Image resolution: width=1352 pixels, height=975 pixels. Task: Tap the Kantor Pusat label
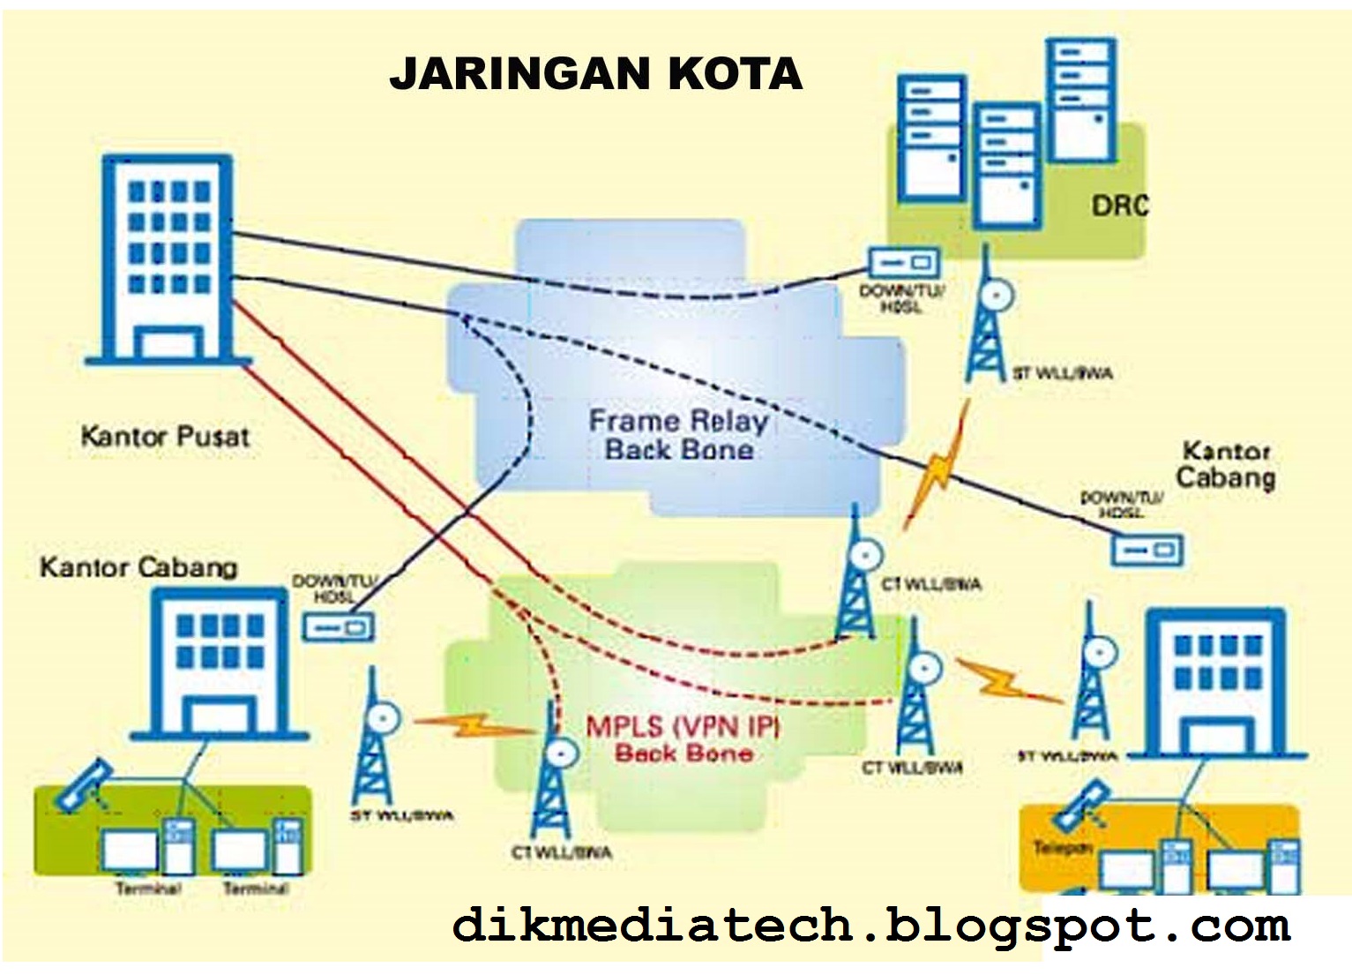click(165, 436)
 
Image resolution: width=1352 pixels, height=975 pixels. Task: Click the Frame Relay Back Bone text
click(678, 435)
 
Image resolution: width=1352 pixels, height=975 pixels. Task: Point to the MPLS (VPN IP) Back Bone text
click(683, 739)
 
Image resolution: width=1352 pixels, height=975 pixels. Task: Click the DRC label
click(1119, 206)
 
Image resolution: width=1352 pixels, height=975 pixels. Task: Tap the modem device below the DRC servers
click(903, 262)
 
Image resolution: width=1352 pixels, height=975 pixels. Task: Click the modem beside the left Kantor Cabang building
click(338, 627)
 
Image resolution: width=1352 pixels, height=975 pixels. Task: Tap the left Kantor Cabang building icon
click(220, 662)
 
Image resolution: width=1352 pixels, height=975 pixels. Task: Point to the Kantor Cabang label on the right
click(1226, 465)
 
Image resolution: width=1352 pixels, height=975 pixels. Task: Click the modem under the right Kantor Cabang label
click(1145, 551)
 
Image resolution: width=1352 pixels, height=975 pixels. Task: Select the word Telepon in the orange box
click(1063, 848)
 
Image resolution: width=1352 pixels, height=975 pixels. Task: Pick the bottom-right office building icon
click(1217, 684)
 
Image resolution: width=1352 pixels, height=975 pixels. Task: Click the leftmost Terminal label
click(147, 889)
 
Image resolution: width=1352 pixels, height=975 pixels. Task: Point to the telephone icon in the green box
click(82, 785)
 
